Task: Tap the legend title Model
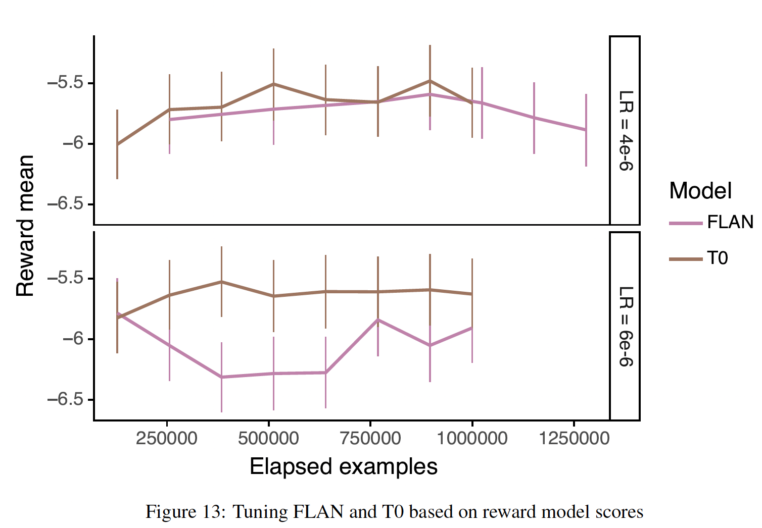point(700,191)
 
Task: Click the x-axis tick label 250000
point(166,438)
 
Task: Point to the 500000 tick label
point(268,438)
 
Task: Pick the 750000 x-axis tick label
point(370,438)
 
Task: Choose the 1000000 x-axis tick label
point(472,438)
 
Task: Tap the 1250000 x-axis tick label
point(574,438)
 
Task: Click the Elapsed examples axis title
point(344,467)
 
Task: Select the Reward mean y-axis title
point(25,226)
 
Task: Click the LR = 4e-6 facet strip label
point(625,131)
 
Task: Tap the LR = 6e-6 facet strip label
point(625,326)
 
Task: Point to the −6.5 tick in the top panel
point(65,204)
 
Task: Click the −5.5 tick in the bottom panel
point(65,278)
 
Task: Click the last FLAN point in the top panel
point(586,130)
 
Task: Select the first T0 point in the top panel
point(117,144)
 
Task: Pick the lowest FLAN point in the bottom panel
point(221,377)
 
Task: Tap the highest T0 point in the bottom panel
point(221,282)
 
